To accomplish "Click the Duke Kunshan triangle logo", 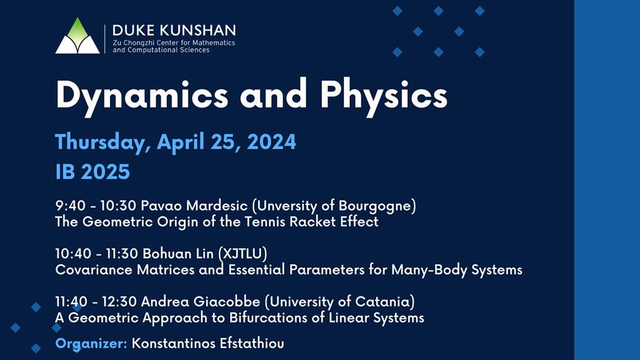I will pyautogui.click(x=77, y=36).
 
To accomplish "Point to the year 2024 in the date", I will pyautogui.click(x=272, y=142).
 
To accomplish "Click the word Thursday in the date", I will pyautogui.click(x=102, y=142).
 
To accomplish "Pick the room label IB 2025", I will pyautogui.click(x=92, y=171).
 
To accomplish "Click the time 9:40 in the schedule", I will pyautogui.click(x=68, y=206).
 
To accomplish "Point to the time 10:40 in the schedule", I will pyautogui.click(x=71, y=254).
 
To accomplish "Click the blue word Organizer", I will pyautogui.click(x=91, y=344).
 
